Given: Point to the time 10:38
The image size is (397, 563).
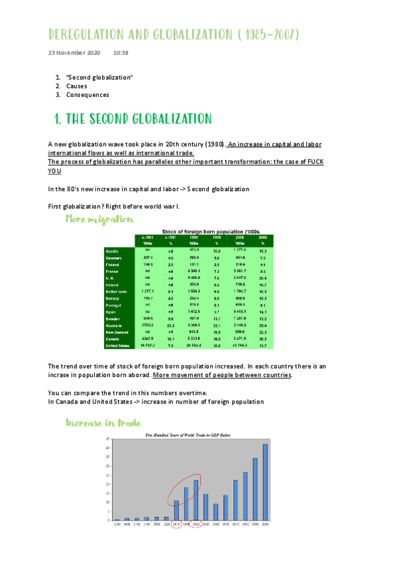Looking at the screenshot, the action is tap(121, 52).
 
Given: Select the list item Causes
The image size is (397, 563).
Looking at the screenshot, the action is tap(77, 86).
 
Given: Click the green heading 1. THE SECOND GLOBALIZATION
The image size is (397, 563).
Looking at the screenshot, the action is tap(133, 119).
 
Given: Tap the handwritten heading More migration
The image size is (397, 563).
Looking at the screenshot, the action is tap(100, 218).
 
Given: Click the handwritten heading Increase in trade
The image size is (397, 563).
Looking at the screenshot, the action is tap(102, 422).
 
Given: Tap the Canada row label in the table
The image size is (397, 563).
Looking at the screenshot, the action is tap(112, 339).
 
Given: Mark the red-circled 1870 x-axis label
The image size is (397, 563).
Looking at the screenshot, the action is tap(176, 524).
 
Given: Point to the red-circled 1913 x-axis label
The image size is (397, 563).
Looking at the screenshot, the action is tap(196, 524).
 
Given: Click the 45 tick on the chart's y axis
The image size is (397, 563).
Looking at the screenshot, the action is tap(108, 440).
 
